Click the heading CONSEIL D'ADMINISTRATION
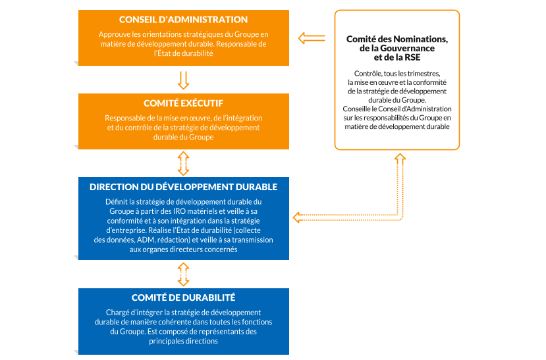coord(184,20)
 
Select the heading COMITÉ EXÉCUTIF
coord(184,103)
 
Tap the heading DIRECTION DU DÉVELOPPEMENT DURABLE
coord(184,187)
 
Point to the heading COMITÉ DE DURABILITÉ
coord(184,298)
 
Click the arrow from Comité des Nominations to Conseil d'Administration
coord(311,38)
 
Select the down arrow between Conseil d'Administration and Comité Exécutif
coord(184,79)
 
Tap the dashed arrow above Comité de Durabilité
coord(184,273)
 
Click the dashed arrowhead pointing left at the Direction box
coord(298,217)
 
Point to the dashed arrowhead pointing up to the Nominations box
coord(398,158)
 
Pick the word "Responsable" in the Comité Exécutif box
coord(123,118)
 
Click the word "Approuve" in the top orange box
coord(115,34)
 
